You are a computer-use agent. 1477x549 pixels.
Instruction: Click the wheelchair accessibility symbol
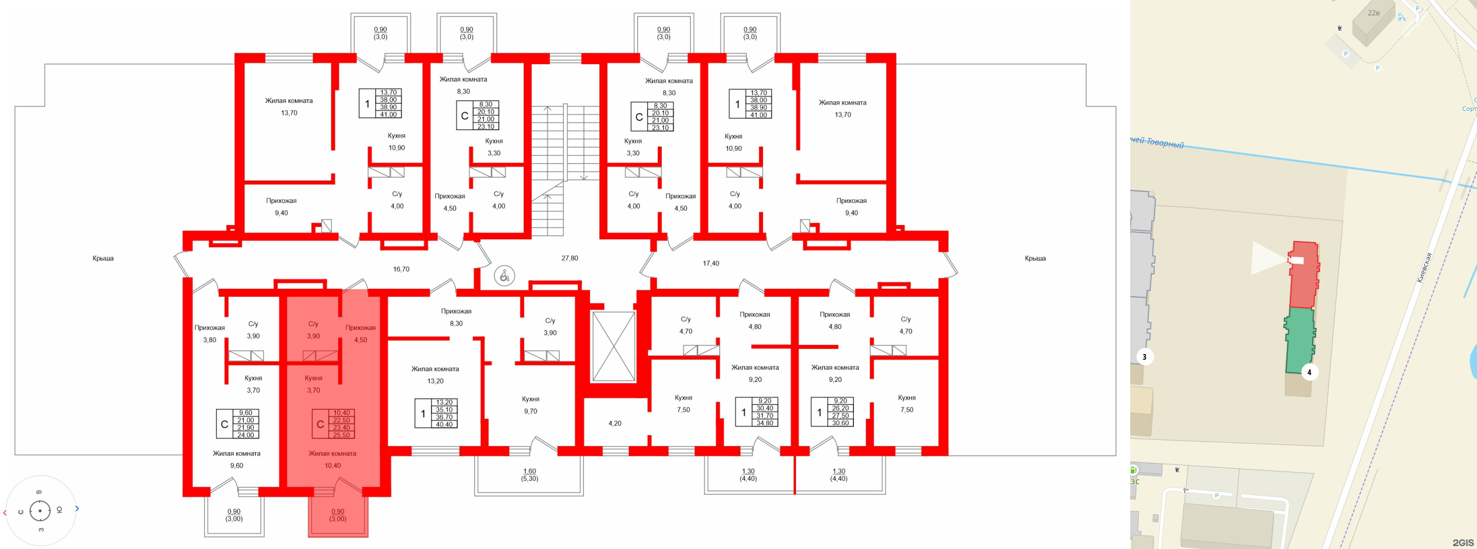click(x=504, y=276)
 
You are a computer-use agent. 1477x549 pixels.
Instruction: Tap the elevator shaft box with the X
click(x=613, y=347)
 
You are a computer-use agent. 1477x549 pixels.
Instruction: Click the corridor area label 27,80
click(x=569, y=259)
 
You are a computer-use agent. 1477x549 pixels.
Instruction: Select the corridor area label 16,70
click(x=401, y=269)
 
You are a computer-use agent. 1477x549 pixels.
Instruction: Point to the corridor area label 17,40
click(x=711, y=264)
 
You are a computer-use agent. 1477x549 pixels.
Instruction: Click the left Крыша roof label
click(x=103, y=259)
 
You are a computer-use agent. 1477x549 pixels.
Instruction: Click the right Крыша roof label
click(x=1035, y=259)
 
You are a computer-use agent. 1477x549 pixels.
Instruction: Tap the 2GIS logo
click(x=1463, y=542)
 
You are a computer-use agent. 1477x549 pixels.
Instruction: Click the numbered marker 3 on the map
click(x=1144, y=357)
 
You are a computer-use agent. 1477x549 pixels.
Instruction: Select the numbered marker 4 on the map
click(x=1308, y=372)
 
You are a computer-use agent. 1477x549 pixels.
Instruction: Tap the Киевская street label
click(x=1424, y=268)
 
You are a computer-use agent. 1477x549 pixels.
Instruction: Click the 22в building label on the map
click(x=1373, y=13)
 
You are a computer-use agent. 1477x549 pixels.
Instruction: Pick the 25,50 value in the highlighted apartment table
click(x=341, y=435)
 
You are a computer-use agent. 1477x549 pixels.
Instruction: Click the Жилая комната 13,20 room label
click(x=434, y=375)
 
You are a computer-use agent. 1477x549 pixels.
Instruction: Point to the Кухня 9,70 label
click(x=530, y=405)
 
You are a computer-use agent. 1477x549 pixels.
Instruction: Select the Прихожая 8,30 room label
click(x=456, y=318)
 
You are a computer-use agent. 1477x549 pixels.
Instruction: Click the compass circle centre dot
click(x=40, y=510)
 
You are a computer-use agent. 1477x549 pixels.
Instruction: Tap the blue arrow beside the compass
click(x=77, y=508)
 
